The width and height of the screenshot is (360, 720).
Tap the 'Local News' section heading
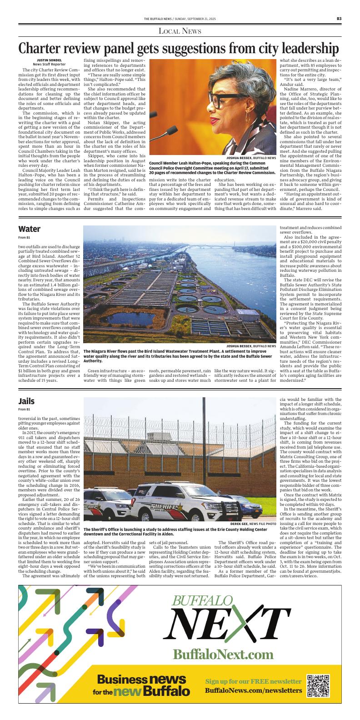180,31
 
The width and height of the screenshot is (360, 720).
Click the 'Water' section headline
30,229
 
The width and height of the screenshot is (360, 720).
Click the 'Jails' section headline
27,401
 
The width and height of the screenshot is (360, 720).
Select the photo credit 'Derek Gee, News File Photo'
253,524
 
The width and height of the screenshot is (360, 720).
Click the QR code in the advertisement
318,686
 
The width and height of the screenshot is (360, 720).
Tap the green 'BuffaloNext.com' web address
223,655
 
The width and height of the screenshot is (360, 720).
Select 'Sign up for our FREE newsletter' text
253,681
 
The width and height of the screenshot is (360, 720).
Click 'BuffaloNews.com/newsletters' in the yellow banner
253,691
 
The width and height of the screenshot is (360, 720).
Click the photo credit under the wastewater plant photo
251,346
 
